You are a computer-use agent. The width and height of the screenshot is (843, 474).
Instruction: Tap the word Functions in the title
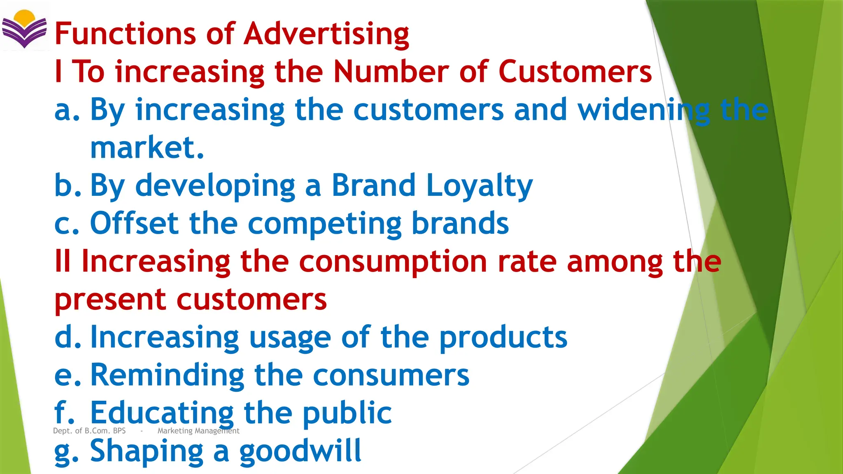(x=125, y=33)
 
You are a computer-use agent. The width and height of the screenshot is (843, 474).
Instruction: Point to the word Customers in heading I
(x=575, y=72)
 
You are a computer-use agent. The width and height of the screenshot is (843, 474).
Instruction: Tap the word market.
(x=147, y=148)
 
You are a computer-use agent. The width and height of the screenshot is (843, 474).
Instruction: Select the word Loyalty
(x=479, y=186)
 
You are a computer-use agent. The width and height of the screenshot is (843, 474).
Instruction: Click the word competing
(x=325, y=224)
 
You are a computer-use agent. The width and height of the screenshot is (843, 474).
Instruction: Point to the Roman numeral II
(x=63, y=261)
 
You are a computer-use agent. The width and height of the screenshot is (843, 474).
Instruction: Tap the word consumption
(x=393, y=262)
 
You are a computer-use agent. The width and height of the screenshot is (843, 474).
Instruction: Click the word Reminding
(x=167, y=375)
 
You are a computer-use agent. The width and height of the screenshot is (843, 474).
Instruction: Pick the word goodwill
(x=300, y=451)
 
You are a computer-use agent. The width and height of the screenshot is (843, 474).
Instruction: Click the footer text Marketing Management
(x=198, y=431)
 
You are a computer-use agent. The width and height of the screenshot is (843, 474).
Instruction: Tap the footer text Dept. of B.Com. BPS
(x=89, y=431)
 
